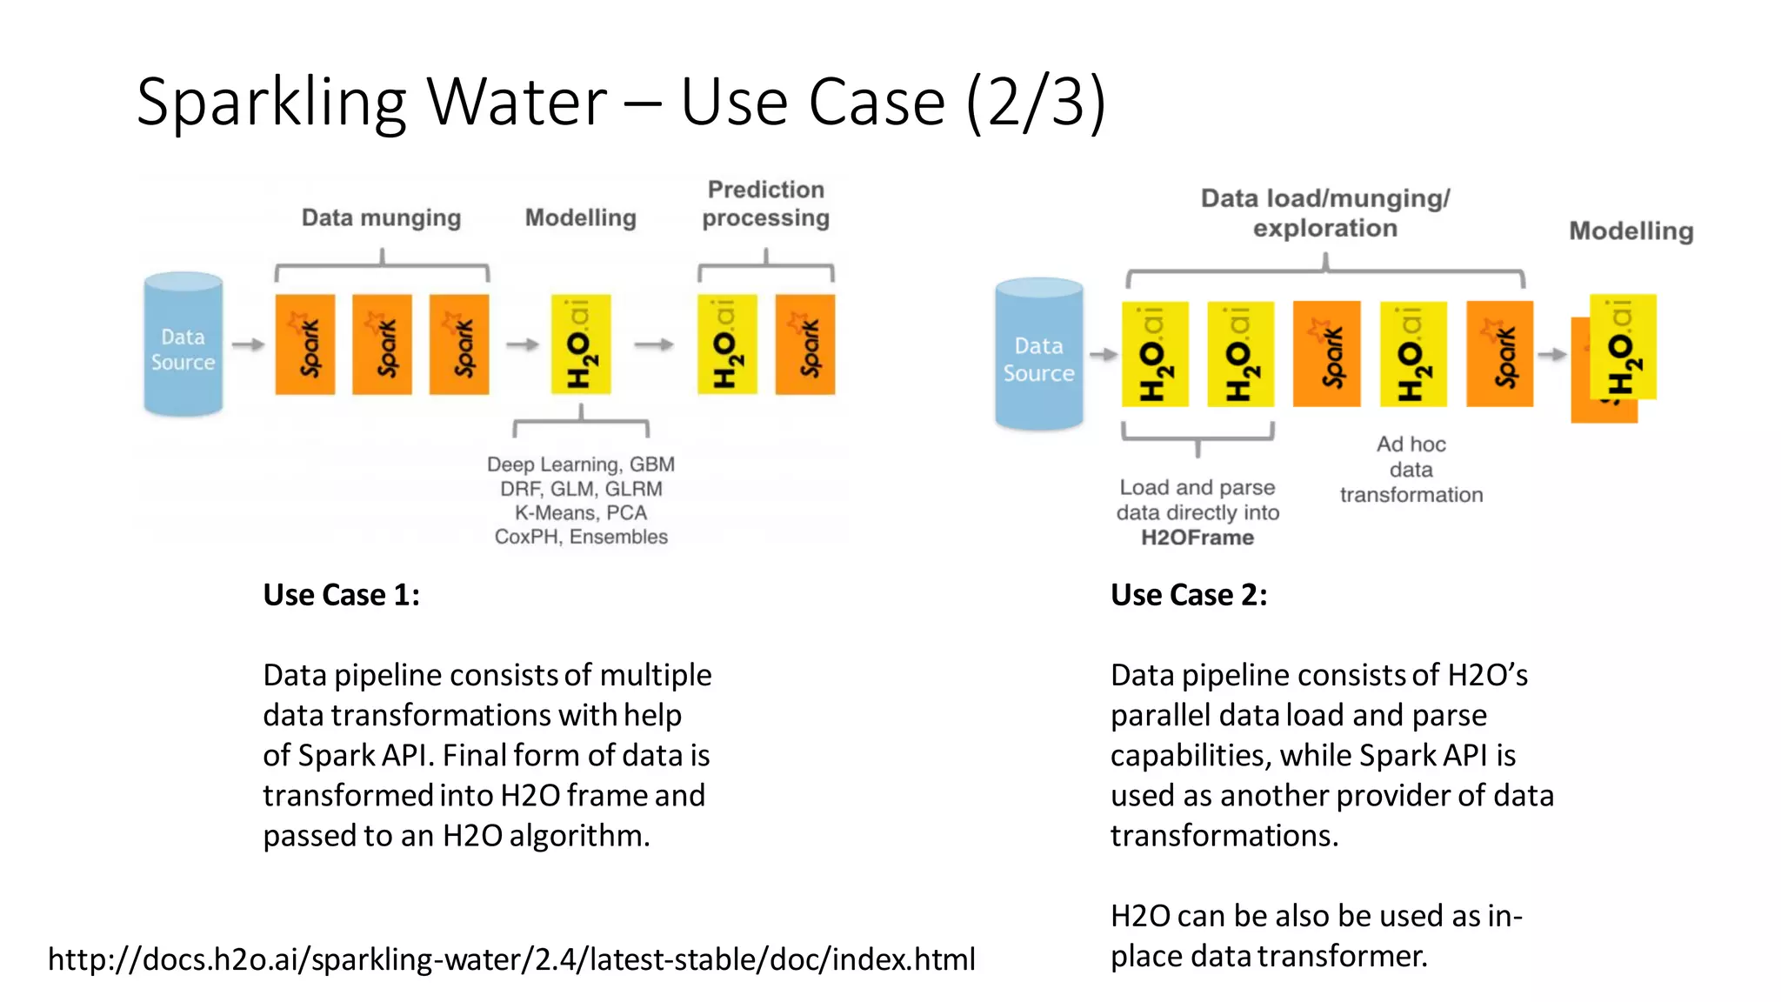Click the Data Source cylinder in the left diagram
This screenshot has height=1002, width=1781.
point(183,344)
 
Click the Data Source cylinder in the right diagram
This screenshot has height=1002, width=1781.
point(1038,355)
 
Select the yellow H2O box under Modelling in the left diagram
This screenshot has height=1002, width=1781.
point(581,344)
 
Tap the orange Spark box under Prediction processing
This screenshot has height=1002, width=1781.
point(805,344)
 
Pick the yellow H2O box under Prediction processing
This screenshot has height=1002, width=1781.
point(727,344)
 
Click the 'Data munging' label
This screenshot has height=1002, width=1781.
point(381,217)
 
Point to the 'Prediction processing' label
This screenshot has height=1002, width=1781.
point(765,204)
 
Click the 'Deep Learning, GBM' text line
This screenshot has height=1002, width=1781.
point(581,464)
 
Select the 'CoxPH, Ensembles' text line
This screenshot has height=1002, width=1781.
point(581,537)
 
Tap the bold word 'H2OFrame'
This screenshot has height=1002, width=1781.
point(1197,538)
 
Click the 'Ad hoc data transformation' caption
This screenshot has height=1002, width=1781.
point(1411,470)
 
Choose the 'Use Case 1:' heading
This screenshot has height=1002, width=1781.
point(341,595)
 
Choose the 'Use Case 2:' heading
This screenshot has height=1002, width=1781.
point(1189,595)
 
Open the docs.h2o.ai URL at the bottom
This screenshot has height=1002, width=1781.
point(511,959)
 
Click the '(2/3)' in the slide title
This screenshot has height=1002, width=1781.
point(1036,103)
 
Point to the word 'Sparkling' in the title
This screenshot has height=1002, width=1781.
point(271,103)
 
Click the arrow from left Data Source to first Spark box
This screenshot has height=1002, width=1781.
point(249,344)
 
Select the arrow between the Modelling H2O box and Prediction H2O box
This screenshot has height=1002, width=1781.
point(654,344)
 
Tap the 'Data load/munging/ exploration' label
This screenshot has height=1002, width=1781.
point(1324,213)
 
